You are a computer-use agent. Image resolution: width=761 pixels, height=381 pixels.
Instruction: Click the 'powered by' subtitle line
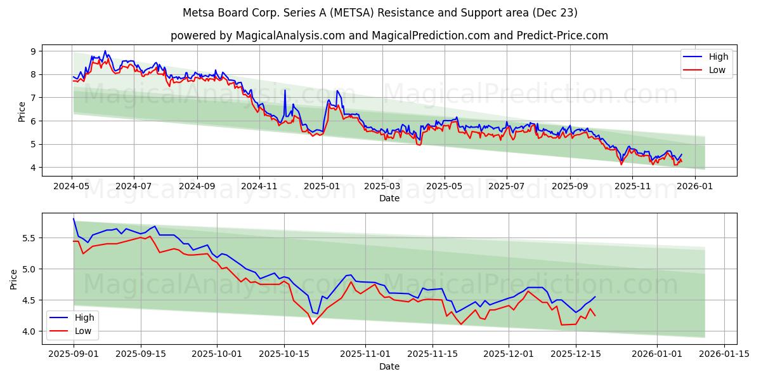(389, 36)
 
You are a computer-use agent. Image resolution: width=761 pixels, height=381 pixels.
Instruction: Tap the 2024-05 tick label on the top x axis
(72, 187)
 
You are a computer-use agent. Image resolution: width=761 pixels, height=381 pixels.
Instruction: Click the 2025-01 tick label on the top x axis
(322, 187)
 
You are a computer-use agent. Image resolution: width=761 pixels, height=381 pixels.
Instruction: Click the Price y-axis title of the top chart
(22, 112)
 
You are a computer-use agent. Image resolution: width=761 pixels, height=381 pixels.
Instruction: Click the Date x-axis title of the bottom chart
(389, 366)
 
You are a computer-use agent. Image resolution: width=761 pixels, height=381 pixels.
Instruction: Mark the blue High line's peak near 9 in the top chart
(105, 51)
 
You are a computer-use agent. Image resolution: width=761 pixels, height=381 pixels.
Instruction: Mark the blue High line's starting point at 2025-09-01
(74, 218)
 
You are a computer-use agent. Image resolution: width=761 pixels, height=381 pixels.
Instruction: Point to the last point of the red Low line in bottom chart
(595, 316)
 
